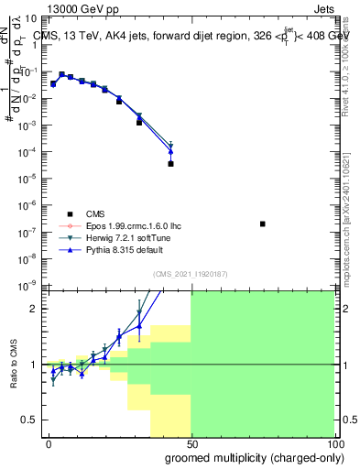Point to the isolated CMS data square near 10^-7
pos(263,224)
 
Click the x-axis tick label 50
pos(191,443)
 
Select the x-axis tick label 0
pos(49,443)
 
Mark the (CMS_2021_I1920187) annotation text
pos(191,275)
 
